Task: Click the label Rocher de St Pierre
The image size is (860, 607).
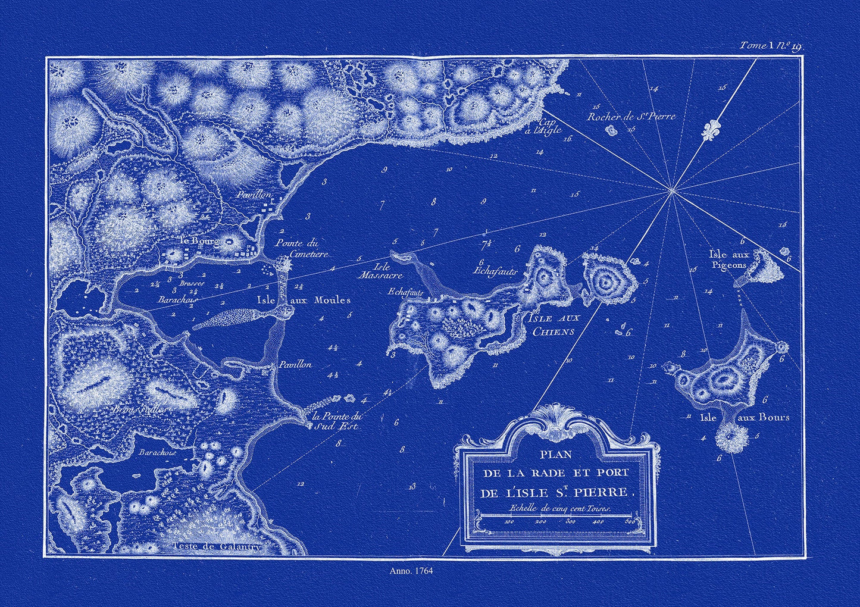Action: (631, 117)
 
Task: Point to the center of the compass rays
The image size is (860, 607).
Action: (671, 190)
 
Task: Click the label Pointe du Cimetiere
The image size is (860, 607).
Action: (298, 248)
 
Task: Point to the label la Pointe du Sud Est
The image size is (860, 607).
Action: (337, 421)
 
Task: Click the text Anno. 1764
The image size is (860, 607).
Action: (411, 570)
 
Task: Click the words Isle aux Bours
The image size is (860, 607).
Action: (744, 417)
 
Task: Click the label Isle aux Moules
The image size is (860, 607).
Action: (303, 300)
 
